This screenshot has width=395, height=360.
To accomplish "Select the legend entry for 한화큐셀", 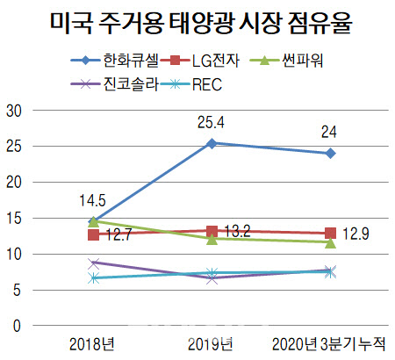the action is [114, 61].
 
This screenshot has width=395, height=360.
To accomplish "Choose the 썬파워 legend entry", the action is [287, 61].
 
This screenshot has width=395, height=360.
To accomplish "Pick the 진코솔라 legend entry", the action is [114, 84].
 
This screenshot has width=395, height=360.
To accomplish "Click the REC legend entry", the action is [192, 84].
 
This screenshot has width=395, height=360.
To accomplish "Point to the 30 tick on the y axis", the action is [14, 111].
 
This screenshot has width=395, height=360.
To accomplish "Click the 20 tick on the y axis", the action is [14, 183].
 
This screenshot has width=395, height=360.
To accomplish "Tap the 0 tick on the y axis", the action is [17, 326].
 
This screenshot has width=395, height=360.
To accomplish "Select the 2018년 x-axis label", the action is [92, 344].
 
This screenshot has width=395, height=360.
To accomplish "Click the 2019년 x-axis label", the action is [211, 344].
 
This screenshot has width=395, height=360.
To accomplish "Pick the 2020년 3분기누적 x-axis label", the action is [329, 344].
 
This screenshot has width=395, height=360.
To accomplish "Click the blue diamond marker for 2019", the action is [212, 143].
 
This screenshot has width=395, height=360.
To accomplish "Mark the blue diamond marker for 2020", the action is [331, 153].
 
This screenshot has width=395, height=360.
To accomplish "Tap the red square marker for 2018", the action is [93, 234].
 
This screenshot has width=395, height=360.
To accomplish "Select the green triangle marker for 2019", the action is [212, 239].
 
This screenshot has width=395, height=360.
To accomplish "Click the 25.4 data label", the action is [211, 123].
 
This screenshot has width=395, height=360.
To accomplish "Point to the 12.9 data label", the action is [355, 234].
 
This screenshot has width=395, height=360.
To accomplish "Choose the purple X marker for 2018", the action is [94, 263].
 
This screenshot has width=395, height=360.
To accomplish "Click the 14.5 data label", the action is [92, 201].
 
